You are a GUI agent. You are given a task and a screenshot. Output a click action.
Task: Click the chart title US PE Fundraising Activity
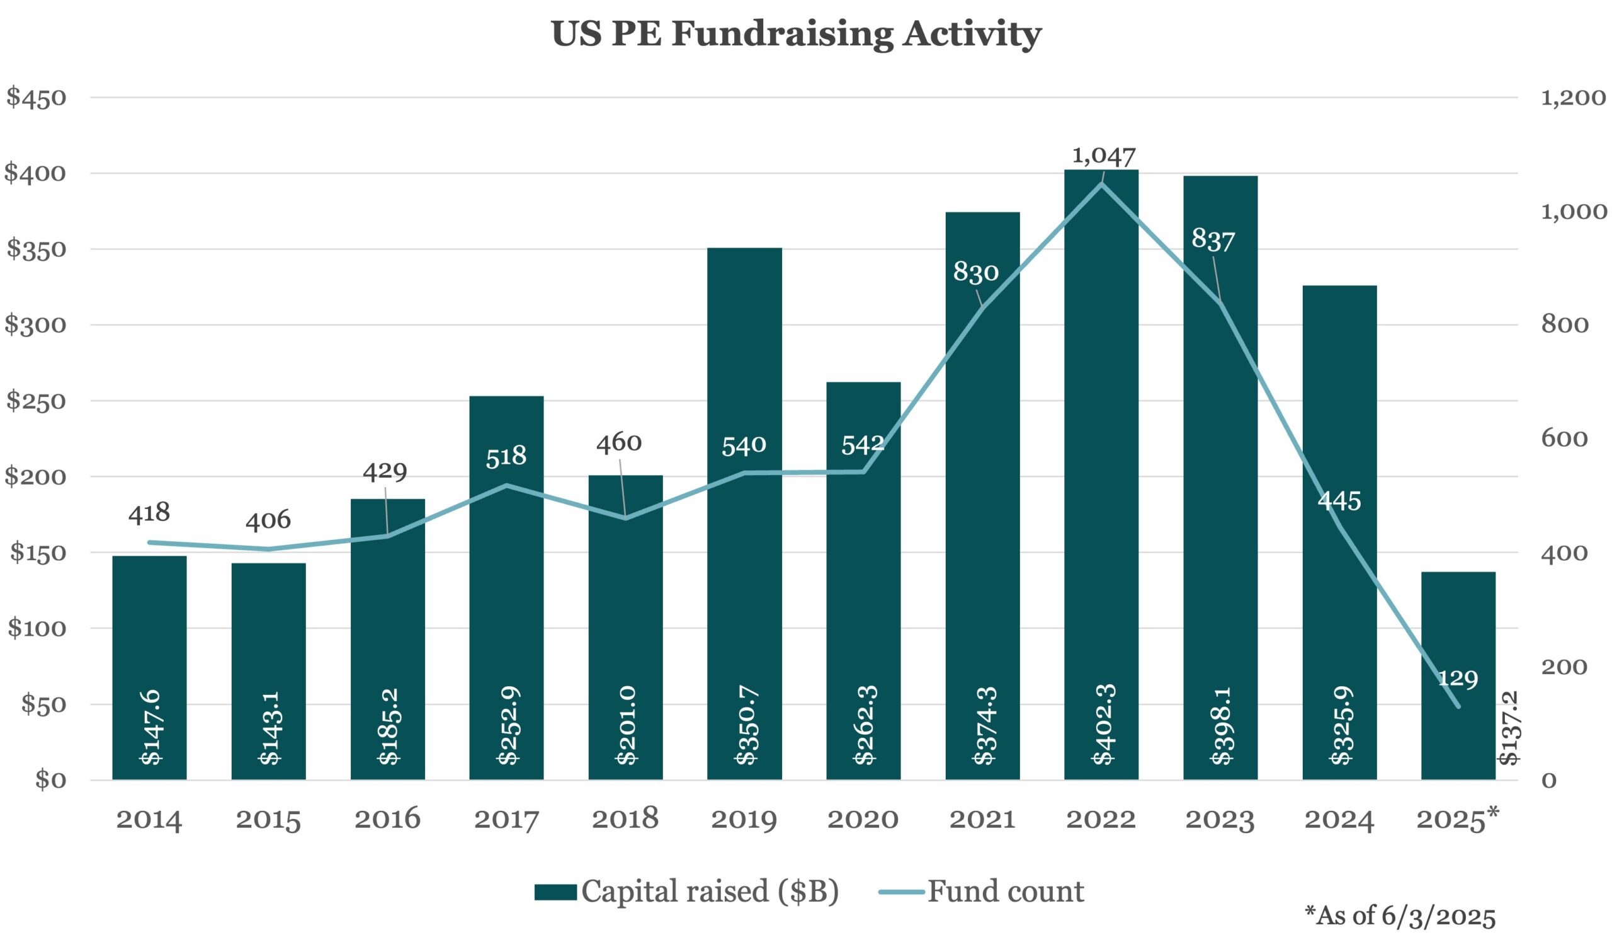click(796, 33)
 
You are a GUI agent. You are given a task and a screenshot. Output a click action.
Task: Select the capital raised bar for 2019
click(744, 512)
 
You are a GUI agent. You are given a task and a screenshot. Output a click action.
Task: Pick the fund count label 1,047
click(1103, 156)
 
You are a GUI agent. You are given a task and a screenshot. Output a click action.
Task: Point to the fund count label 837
click(1213, 240)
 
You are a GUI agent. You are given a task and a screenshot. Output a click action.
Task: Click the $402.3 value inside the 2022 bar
click(1103, 725)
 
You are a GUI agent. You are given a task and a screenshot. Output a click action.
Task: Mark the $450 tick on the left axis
click(36, 98)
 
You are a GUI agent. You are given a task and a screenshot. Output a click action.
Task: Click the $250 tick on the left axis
click(36, 401)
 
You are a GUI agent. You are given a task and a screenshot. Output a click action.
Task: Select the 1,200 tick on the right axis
click(1572, 98)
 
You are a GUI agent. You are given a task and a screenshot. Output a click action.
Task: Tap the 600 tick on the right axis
click(1564, 439)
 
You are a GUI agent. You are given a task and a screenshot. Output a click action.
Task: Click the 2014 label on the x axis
click(149, 820)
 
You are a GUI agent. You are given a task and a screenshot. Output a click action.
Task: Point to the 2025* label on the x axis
click(1457, 818)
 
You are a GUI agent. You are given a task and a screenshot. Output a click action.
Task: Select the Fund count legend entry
click(982, 892)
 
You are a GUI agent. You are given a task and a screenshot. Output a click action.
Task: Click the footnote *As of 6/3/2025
click(1400, 915)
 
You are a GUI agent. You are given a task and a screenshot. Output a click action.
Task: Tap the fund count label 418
click(149, 512)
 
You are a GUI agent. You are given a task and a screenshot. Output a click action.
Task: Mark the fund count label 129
click(1458, 678)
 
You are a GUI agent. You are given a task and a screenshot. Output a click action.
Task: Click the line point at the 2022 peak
click(1101, 184)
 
